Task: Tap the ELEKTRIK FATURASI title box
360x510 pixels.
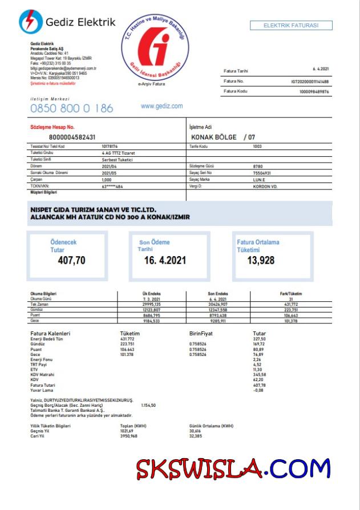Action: click(291, 26)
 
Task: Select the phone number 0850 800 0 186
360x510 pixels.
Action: click(71, 108)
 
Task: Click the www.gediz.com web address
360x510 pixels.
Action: click(161, 106)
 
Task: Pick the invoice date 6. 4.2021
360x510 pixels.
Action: click(321, 70)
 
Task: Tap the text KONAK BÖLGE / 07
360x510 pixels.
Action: click(224, 137)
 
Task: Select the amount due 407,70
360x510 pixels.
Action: click(72, 260)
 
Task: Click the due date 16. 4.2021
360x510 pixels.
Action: click(165, 260)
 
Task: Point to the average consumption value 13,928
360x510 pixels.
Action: click(261, 260)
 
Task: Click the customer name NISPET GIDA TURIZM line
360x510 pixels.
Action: click(93, 210)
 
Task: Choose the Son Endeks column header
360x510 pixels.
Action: click(218, 294)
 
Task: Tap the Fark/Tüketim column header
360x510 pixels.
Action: click(290, 294)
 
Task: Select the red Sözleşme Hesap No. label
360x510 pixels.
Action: click(52, 127)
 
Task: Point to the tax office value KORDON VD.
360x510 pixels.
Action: click(265, 186)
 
